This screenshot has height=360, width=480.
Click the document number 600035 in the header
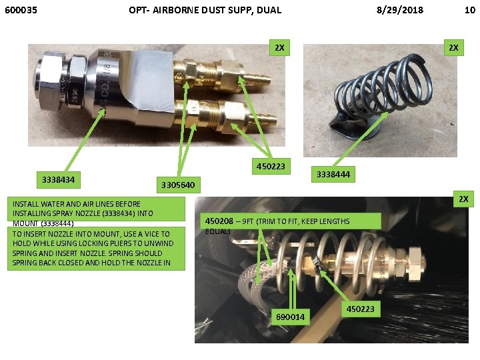tap(21, 10)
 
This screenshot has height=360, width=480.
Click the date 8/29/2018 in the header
tap(400, 10)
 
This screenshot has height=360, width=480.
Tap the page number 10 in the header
tap(470, 10)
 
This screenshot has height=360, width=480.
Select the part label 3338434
tap(58, 180)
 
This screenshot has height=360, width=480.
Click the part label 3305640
tap(178, 185)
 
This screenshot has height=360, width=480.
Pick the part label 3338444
tap(333, 175)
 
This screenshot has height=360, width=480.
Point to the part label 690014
tap(290, 317)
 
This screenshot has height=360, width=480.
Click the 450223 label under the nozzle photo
tap(271, 166)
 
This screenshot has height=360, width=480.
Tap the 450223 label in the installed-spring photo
tap(360, 309)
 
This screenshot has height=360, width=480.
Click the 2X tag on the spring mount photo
tap(453, 48)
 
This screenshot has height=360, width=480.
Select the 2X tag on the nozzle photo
tap(279, 48)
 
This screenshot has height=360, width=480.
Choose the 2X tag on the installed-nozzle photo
tap(463, 199)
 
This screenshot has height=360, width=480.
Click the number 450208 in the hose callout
tap(219, 221)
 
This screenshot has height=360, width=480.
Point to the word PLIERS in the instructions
tap(119, 244)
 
